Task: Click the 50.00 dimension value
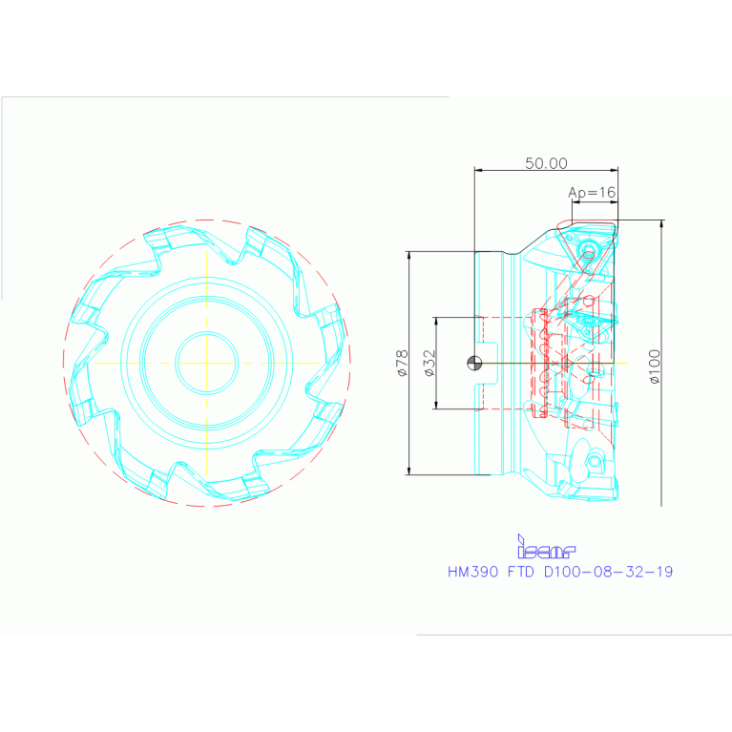[546, 163]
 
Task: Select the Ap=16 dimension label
[592, 193]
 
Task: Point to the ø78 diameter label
[402, 363]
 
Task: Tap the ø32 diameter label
[429, 363]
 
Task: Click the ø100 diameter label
[655, 366]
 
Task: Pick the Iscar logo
[546, 547]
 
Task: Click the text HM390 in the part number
[473, 572]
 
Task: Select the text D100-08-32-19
[608, 572]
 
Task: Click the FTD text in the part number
[520, 572]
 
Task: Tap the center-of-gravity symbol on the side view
[474, 363]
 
